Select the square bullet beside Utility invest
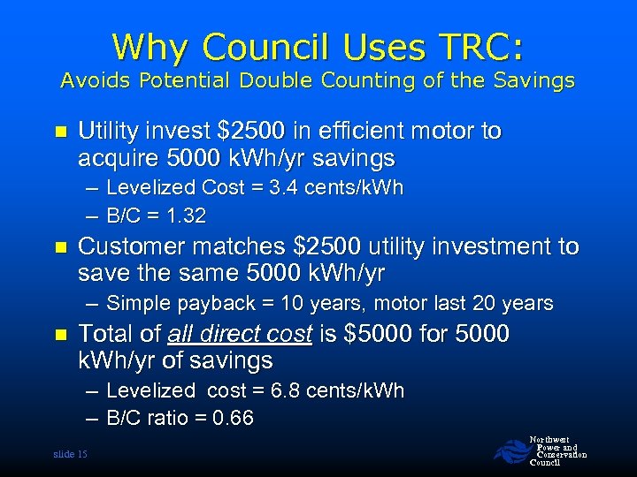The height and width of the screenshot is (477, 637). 60,132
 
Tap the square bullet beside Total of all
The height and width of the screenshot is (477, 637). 60,335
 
